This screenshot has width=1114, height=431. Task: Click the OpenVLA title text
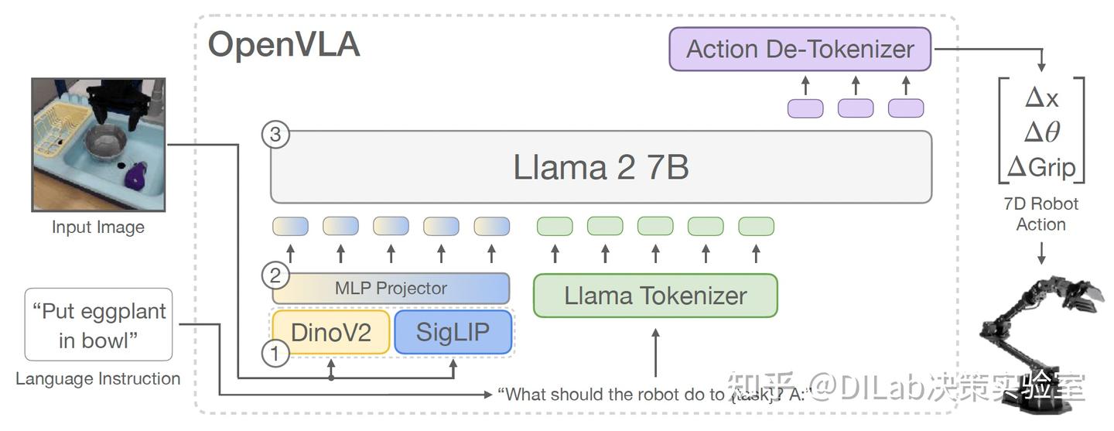point(284,45)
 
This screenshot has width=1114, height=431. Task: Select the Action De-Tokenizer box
point(800,50)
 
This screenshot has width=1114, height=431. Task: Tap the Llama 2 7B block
point(600,167)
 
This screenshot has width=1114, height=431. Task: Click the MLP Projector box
point(391,289)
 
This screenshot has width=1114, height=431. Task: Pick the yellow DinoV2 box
point(330,333)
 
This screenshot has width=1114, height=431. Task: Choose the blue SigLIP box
point(453,333)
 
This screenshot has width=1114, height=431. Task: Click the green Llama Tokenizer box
point(655,296)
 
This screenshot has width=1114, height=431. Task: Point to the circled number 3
point(275,135)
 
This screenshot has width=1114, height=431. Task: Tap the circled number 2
point(275,275)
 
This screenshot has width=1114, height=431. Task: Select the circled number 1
point(275,354)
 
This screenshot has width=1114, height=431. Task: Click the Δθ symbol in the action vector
point(1041,132)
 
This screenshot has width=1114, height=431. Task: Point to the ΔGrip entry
point(1041,166)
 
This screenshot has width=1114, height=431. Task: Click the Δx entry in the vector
point(1041,97)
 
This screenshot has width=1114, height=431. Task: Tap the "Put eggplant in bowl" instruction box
point(98,325)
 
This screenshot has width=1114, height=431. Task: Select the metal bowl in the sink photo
point(106,142)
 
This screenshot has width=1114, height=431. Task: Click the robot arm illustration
point(1037,340)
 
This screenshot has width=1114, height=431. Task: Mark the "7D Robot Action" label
point(1041,214)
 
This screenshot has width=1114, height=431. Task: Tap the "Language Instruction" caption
point(98,379)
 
